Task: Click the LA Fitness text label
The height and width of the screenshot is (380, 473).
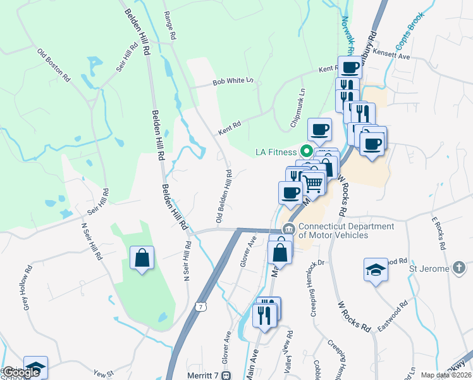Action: click(275, 152)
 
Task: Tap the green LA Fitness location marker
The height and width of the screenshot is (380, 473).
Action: click(307, 151)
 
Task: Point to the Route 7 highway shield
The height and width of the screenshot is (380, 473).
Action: click(200, 307)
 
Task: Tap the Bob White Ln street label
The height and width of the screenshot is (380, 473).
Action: click(233, 81)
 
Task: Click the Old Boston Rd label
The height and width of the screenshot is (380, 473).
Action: click(54, 65)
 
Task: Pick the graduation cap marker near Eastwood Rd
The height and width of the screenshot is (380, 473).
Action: click(376, 270)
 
